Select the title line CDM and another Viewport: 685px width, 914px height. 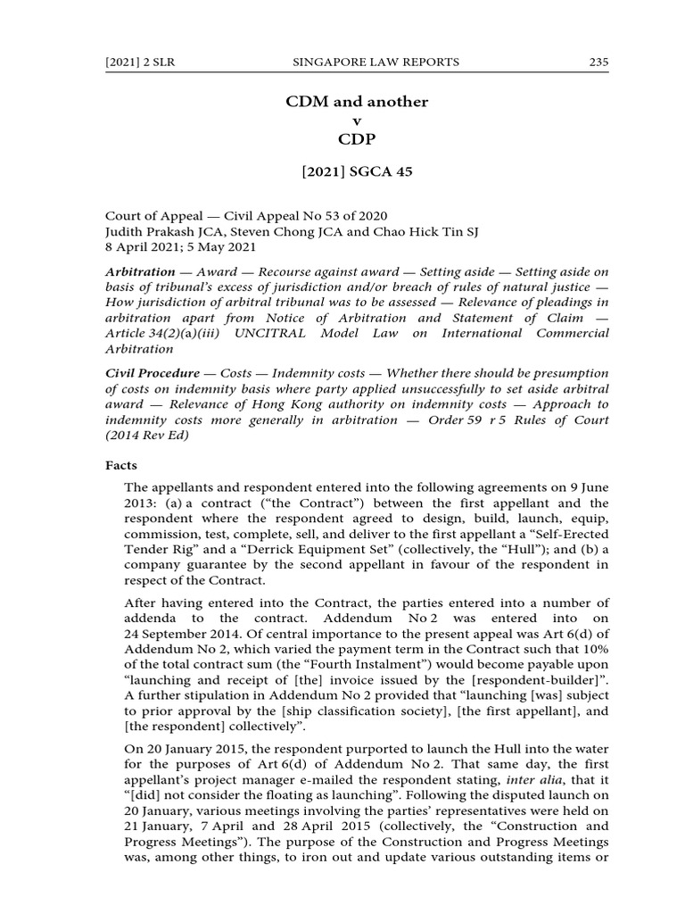357,102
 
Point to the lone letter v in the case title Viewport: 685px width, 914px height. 357,121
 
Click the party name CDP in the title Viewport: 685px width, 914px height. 357,140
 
